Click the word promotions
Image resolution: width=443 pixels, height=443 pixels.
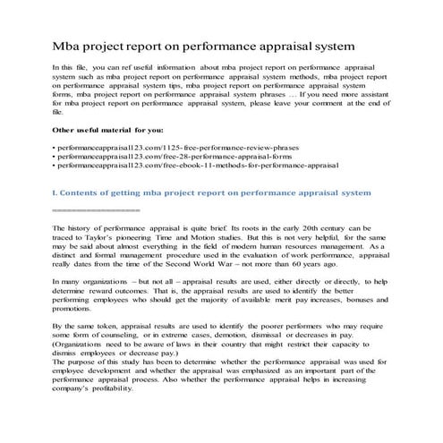pos(75,316)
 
